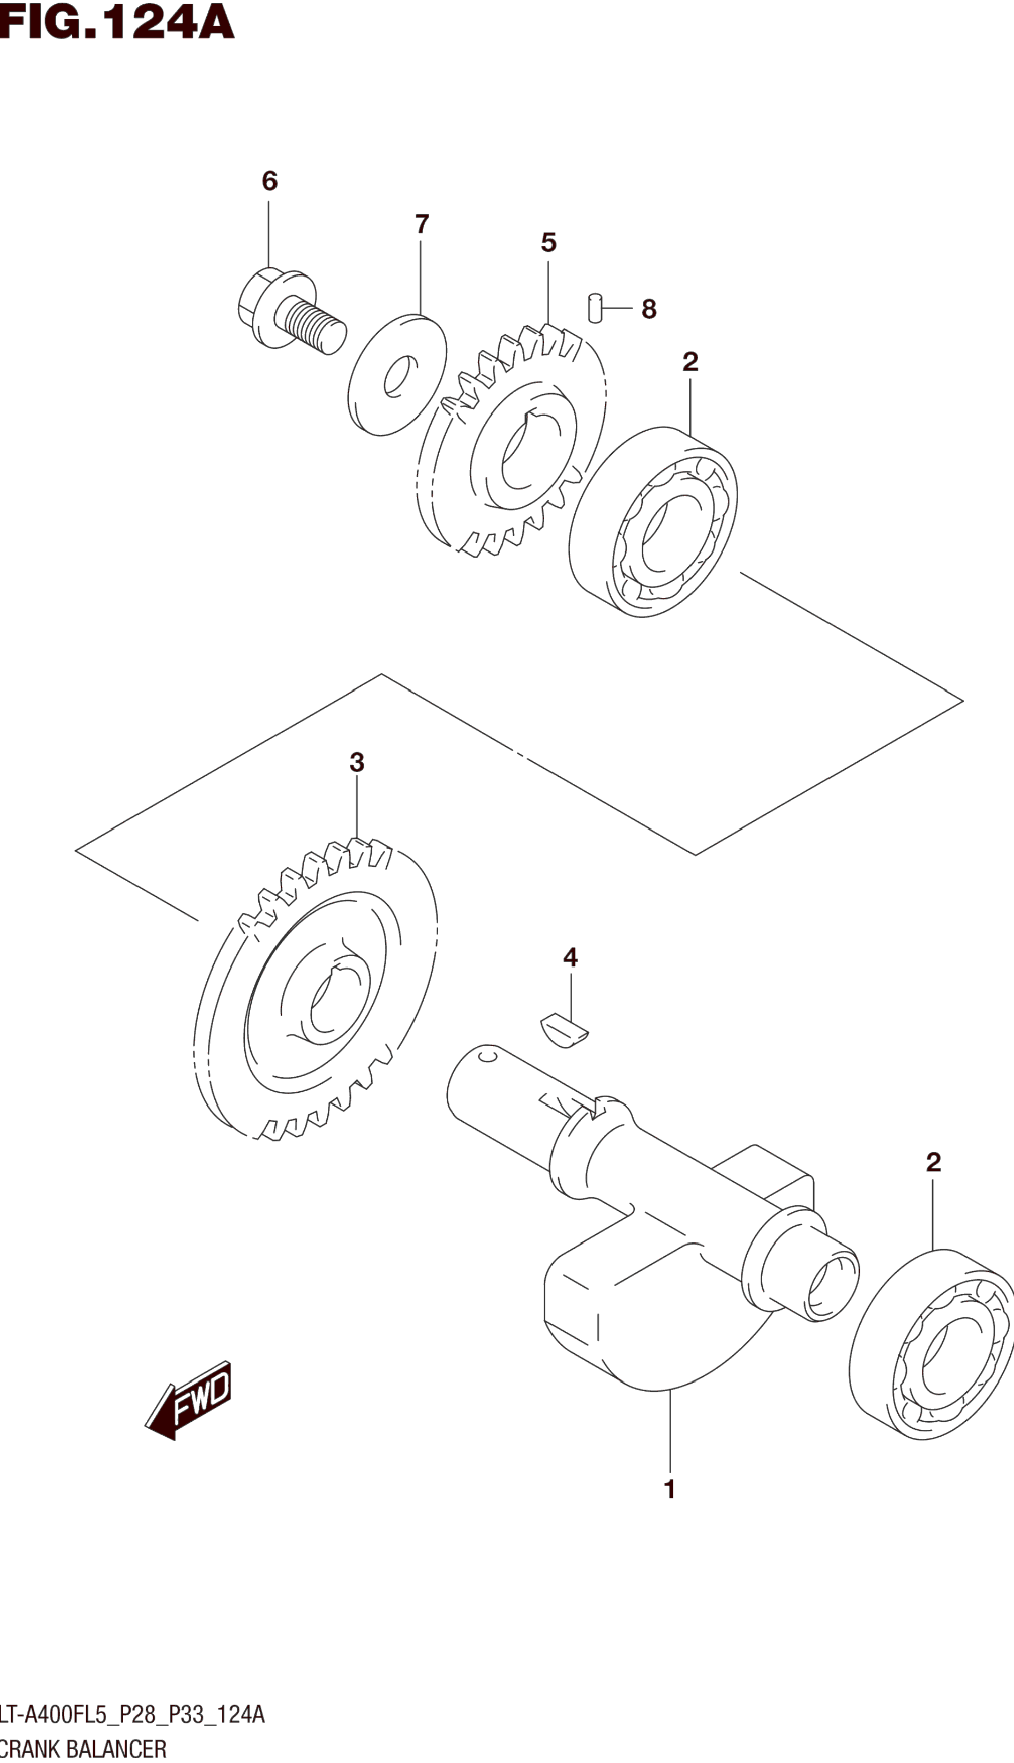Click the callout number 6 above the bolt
pos(269,181)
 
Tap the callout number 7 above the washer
pos(422,224)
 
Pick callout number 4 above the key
pos(570,957)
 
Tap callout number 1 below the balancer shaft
pos(669,1489)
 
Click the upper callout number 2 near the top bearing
pos(689,362)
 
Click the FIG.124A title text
pos(117,22)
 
